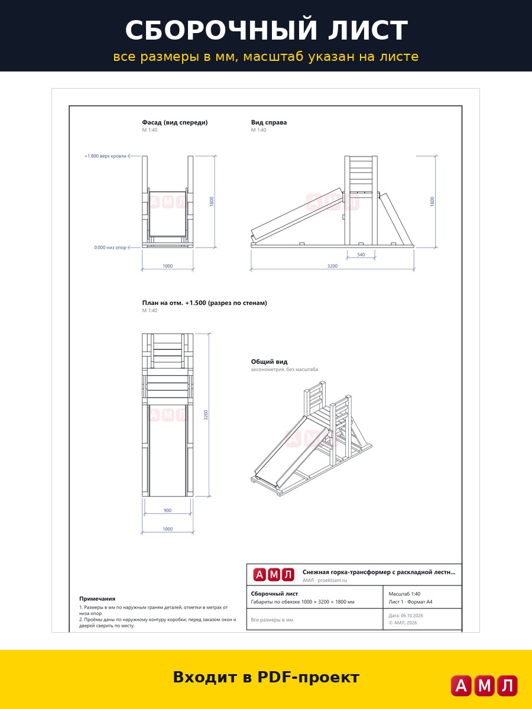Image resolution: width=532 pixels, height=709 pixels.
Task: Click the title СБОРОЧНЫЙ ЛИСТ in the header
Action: [266, 30]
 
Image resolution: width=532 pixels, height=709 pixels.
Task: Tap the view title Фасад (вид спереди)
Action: [175, 122]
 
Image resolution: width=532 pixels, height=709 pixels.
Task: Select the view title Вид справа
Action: [269, 122]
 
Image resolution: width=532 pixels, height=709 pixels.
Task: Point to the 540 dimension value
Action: [361, 255]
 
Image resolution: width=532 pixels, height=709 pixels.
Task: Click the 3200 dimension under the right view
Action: [332, 266]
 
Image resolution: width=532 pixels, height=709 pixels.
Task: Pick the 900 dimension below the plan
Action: [167, 510]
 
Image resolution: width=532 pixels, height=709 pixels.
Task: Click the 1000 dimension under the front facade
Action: [167, 266]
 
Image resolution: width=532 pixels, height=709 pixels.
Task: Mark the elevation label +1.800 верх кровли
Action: [105, 156]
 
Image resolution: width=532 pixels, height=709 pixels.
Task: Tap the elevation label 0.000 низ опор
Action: [110, 248]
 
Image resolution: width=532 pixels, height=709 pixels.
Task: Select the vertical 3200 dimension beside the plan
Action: [206, 415]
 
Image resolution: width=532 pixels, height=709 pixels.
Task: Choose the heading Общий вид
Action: [269, 362]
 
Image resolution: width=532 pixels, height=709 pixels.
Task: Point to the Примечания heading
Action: [97, 599]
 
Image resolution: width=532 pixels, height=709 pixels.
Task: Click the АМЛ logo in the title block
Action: [274, 575]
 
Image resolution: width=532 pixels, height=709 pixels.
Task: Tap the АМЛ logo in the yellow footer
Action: [484, 685]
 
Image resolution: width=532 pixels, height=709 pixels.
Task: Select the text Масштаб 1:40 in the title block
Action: [404, 594]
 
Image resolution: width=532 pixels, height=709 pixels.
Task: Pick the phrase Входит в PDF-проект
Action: [266, 677]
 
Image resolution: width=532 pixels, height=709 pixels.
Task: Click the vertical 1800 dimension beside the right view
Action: [432, 201]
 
